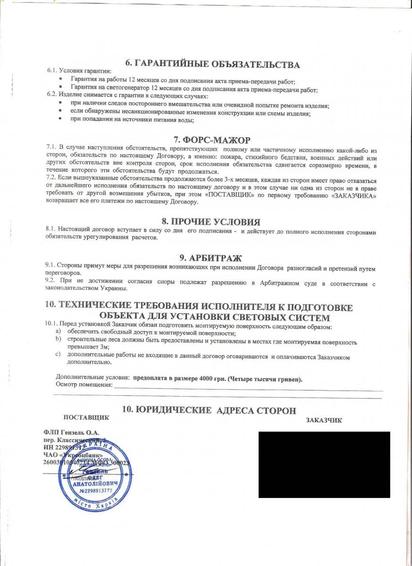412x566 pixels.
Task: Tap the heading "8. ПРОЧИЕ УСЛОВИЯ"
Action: [211, 222]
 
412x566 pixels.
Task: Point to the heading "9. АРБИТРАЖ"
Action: [210, 258]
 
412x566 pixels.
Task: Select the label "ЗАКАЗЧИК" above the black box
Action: [324, 420]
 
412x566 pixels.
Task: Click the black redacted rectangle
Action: [324, 464]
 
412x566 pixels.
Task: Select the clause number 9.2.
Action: [50, 282]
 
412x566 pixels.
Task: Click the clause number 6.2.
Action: [52, 93]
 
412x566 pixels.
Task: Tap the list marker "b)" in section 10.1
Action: [59, 339]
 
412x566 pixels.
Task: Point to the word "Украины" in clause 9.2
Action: [113, 289]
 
